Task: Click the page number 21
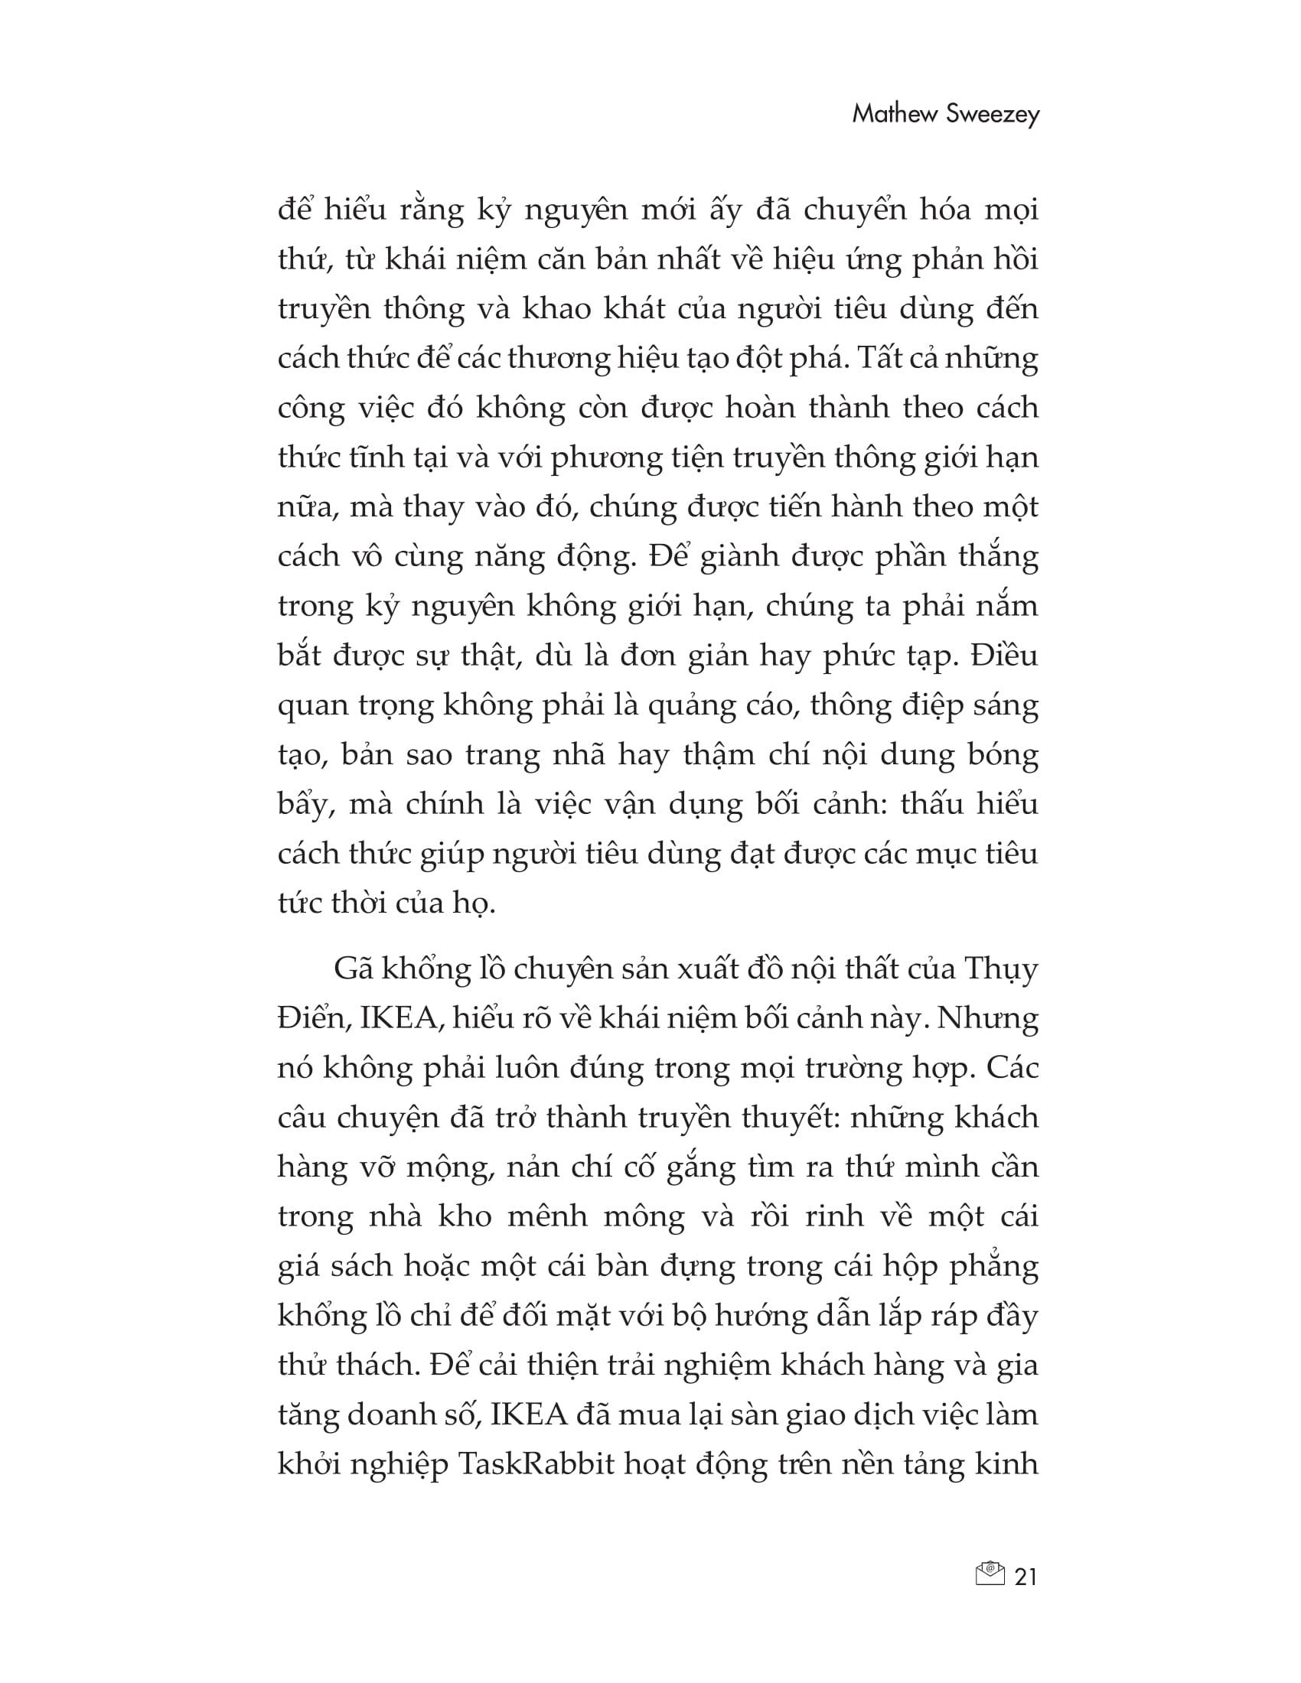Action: (x=1025, y=1577)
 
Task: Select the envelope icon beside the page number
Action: (x=990, y=1575)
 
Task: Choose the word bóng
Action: (x=999, y=755)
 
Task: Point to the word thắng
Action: (x=997, y=556)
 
